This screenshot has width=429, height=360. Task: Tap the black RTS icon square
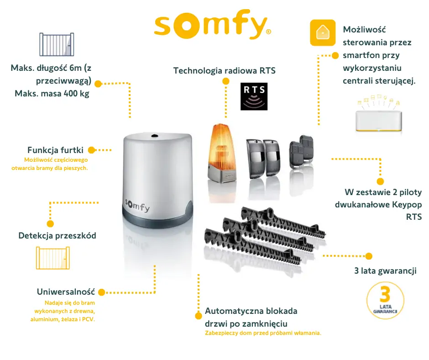point(254,96)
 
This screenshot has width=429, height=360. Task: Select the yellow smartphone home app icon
point(323,32)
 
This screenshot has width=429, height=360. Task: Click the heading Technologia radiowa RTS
point(225,71)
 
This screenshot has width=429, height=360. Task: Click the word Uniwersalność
point(66,291)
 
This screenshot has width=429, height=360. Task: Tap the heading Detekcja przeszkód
point(57,236)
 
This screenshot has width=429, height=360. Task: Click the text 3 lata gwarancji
point(385,270)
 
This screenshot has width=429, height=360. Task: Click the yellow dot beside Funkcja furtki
point(91,150)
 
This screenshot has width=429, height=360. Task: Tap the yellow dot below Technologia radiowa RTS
point(225,81)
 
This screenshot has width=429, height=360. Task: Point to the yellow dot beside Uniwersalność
point(101,292)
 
